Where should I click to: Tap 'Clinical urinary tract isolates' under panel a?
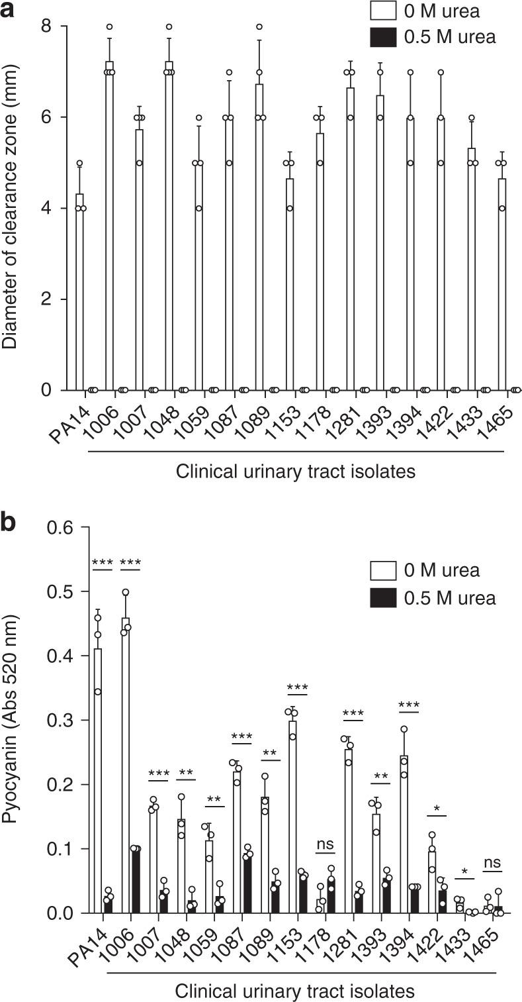point(295,472)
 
